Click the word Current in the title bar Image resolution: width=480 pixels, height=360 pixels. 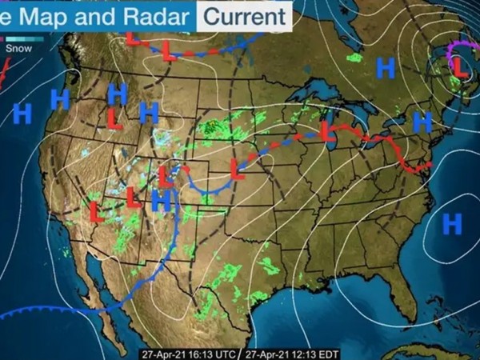click(x=244, y=15)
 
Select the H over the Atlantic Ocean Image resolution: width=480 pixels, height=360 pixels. click(x=453, y=223)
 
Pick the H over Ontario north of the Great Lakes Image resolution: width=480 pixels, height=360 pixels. click(x=386, y=69)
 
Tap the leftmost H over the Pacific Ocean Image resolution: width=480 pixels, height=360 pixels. click(x=22, y=113)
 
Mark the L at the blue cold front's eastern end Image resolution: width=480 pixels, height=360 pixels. click(x=237, y=169)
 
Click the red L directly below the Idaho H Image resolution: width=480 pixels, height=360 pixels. click(x=115, y=119)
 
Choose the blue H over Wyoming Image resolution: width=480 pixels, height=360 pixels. click(x=148, y=113)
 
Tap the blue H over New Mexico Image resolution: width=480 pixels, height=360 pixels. click(x=162, y=201)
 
